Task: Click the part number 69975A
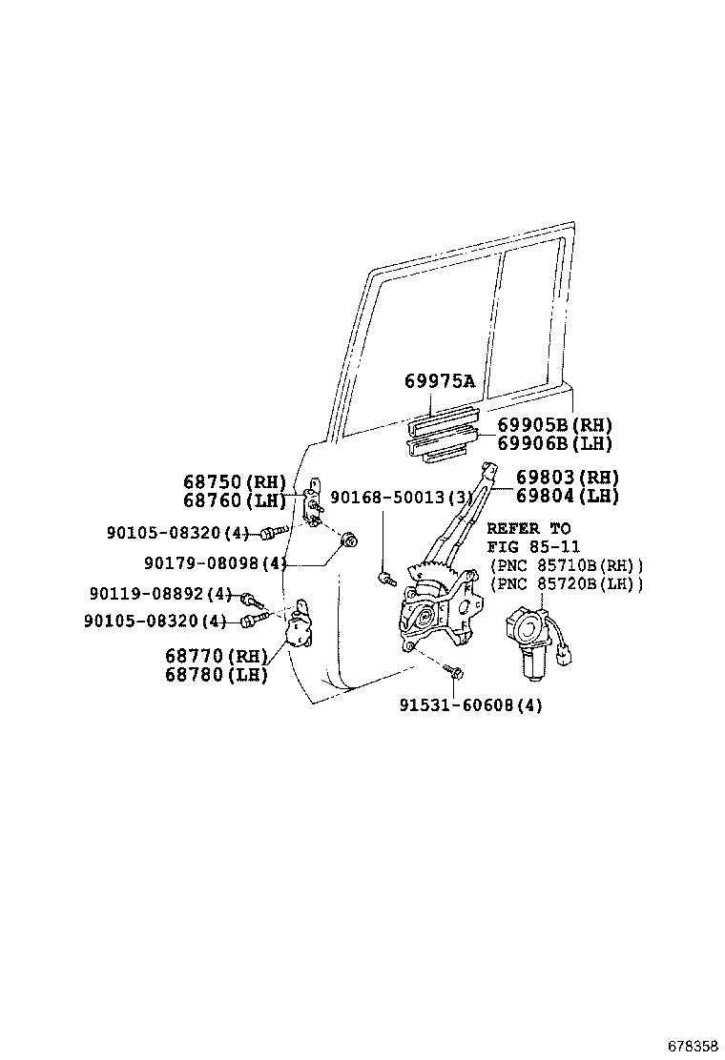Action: click(440, 381)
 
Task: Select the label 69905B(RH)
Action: click(554, 425)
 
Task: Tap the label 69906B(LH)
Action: click(554, 443)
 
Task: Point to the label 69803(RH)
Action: click(568, 478)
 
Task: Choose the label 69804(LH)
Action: click(568, 496)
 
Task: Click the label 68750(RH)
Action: click(235, 482)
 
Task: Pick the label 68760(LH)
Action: click(235, 500)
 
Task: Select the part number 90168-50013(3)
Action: click(402, 498)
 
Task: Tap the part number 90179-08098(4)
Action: click(216, 562)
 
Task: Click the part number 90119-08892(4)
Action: click(161, 594)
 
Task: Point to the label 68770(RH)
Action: click(217, 656)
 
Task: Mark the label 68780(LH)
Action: click(217, 674)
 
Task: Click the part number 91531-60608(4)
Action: click(470, 705)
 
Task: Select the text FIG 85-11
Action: click(533, 546)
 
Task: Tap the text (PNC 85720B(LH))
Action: click(567, 582)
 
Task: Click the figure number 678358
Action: click(693, 1046)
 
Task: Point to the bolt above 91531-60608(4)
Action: click(453, 671)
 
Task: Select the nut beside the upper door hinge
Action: click(349, 540)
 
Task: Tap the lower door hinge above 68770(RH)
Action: click(300, 624)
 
